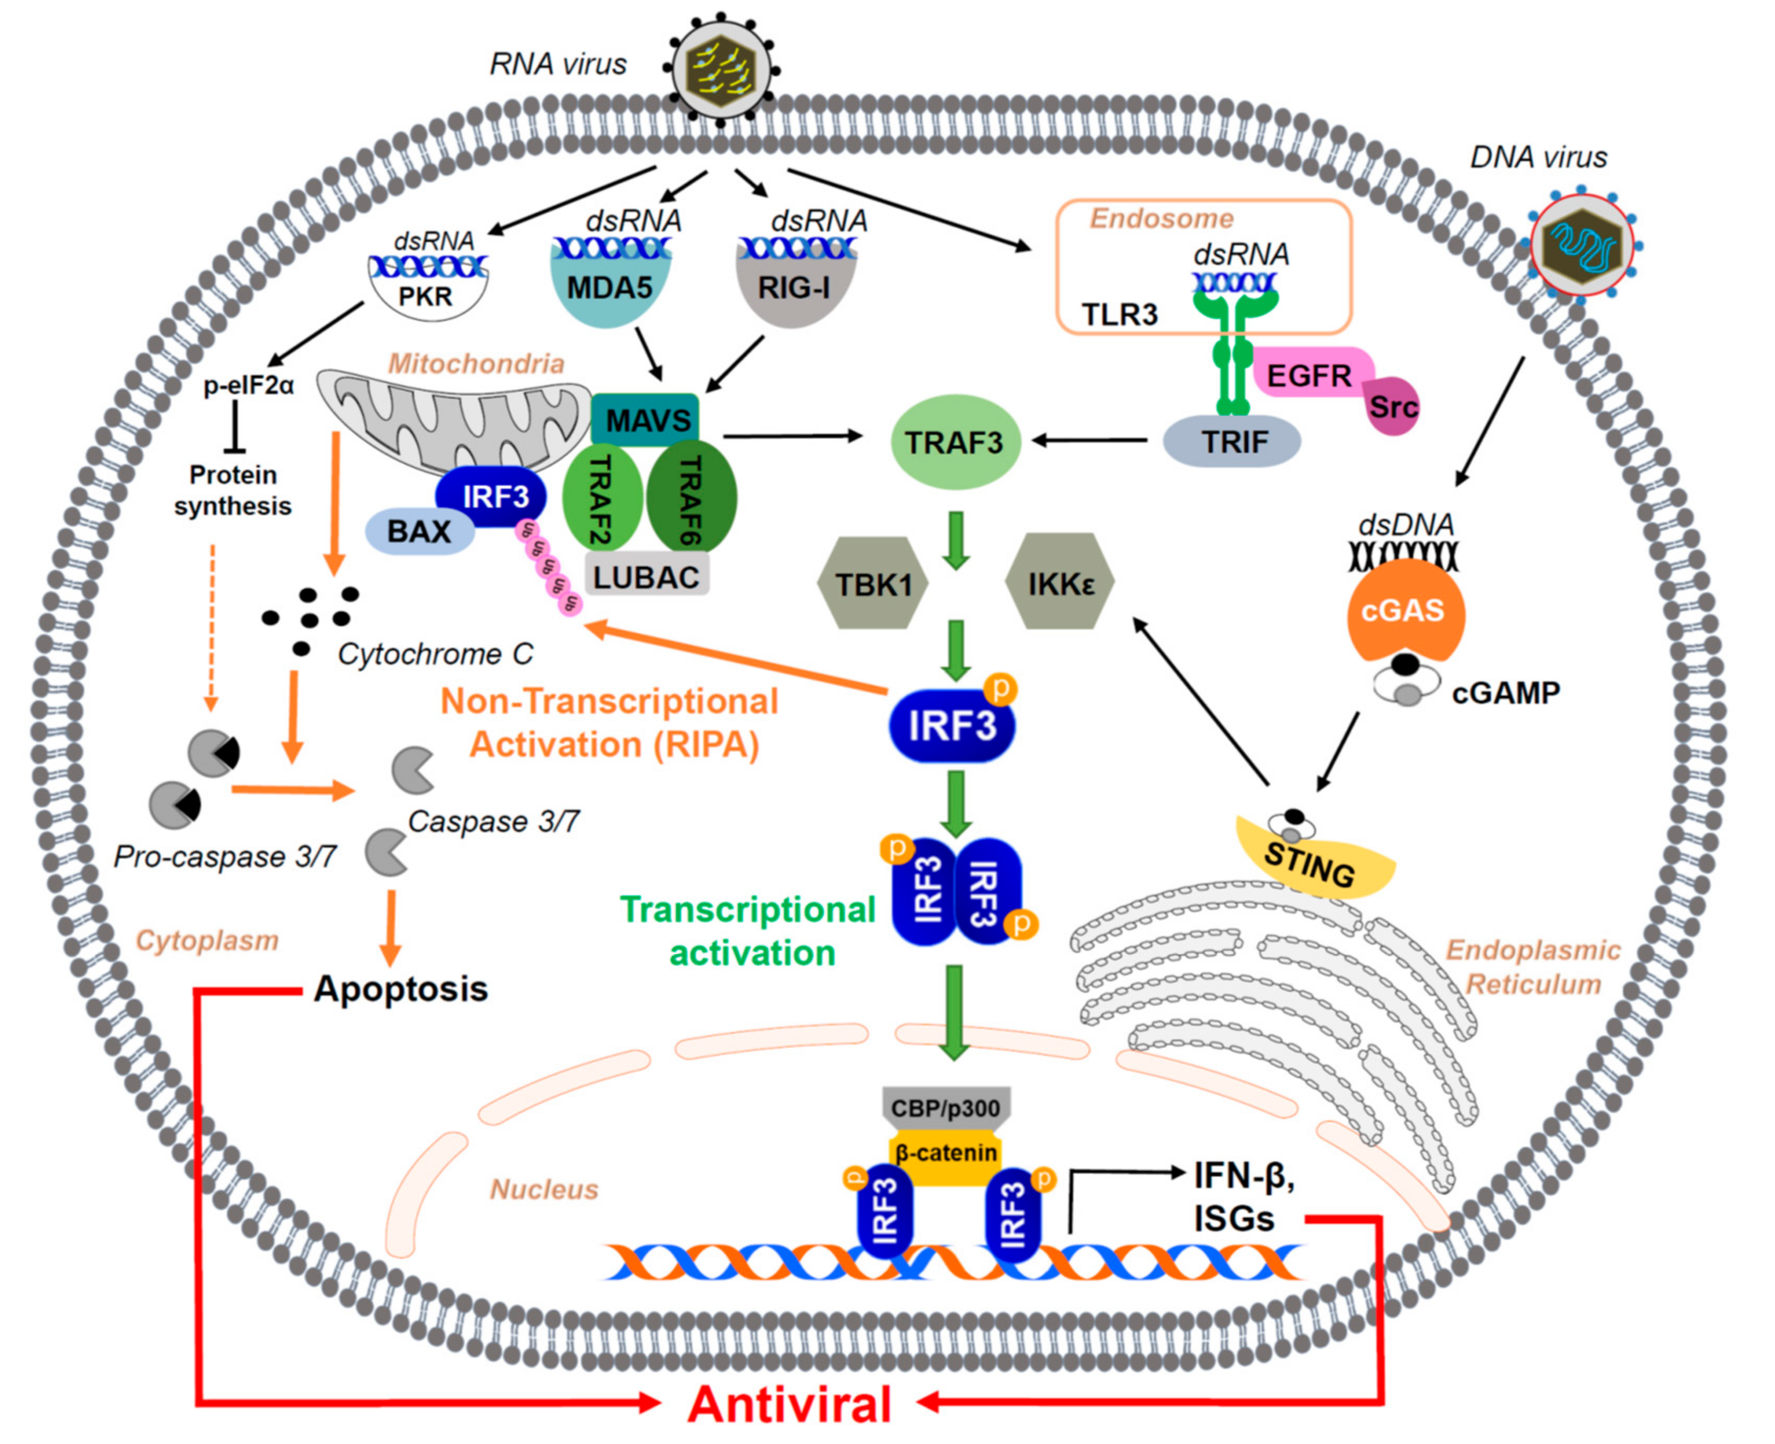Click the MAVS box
[x=645, y=420]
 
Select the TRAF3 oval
[x=955, y=442]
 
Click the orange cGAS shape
[x=1405, y=610]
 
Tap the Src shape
[x=1391, y=406]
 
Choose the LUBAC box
[x=647, y=575]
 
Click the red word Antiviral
[x=790, y=1404]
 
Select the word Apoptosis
[x=401, y=989]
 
